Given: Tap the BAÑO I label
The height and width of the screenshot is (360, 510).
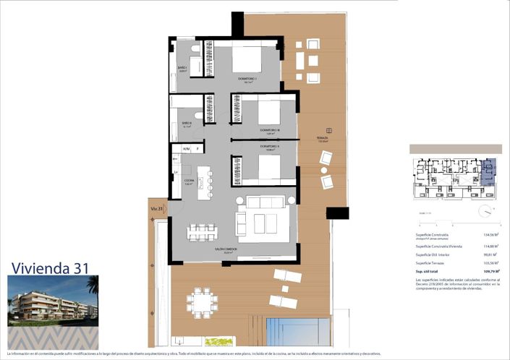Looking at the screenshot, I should [182, 68].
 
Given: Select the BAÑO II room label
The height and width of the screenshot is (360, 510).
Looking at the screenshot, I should [186, 123].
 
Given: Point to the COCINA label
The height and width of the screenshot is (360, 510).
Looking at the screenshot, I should [189, 181].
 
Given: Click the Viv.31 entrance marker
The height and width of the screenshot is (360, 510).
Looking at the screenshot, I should [155, 209].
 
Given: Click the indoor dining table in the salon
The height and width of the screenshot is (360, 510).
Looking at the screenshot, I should [203, 231].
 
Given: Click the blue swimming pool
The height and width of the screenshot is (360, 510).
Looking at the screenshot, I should [297, 331].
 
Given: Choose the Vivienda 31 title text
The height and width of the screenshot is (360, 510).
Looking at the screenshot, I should [50, 267].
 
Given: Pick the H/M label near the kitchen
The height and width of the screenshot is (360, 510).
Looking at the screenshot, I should [186, 149].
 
